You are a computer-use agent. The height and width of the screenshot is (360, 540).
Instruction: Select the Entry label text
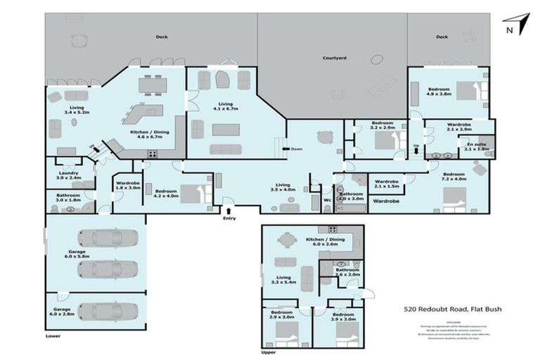pyautogui.click(x=229, y=219)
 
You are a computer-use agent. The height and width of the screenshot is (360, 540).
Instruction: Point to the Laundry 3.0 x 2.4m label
pyautogui.click(x=69, y=175)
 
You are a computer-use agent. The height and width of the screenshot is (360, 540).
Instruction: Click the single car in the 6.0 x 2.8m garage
pyautogui.click(x=106, y=311)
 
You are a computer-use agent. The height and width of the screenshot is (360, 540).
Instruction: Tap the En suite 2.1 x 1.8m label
pyautogui.click(x=479, y=146)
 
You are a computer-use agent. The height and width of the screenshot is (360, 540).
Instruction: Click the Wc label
pyautogui.click(x=327, y=200)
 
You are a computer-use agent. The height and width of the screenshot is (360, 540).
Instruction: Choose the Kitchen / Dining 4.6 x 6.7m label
pyautogui.click(x=146, y=134)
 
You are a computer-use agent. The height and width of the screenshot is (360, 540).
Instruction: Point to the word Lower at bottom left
pyautogui.click(x=53, y=337)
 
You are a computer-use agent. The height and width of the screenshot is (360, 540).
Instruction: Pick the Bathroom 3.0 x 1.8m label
pyautogui.click(x=68, y=198)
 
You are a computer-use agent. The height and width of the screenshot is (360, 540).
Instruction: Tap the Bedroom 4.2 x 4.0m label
pyautogui.click(x=165, y=193)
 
